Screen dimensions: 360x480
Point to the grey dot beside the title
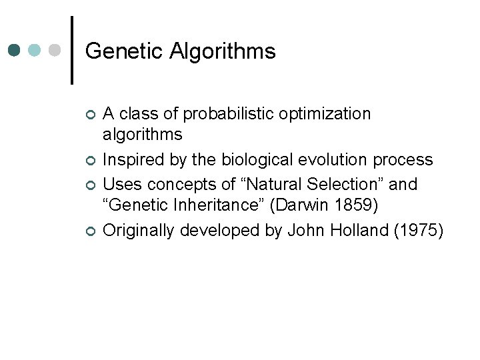click(55, 50)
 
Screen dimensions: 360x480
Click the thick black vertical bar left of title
click(72, 50)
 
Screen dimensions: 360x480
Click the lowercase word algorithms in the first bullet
click(142, 135)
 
